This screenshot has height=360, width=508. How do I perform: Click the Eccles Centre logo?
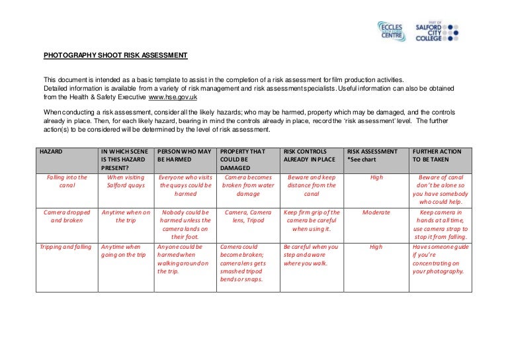392,32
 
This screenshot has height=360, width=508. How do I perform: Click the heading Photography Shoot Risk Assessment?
115,55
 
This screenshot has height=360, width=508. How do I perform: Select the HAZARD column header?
51,152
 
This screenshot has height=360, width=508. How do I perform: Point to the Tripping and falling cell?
65,247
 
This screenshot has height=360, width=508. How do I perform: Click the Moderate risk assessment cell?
376,212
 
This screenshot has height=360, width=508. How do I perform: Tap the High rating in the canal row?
376,177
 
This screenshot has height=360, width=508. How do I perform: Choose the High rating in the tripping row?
376,247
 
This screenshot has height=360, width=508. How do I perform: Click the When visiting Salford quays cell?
124,181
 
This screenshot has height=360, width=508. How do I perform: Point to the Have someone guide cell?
440,259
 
